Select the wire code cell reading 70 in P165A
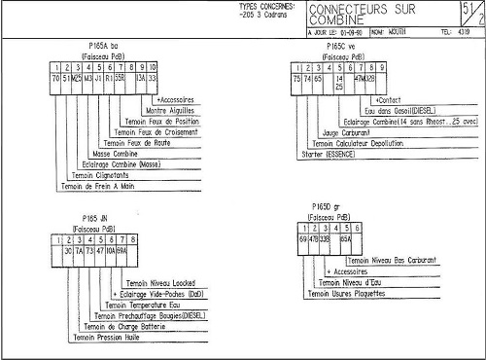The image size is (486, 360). pos(55,77)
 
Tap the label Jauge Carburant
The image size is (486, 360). pos(346,131)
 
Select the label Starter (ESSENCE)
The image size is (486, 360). pos(330,154)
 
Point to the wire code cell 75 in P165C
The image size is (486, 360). pos(295,77)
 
